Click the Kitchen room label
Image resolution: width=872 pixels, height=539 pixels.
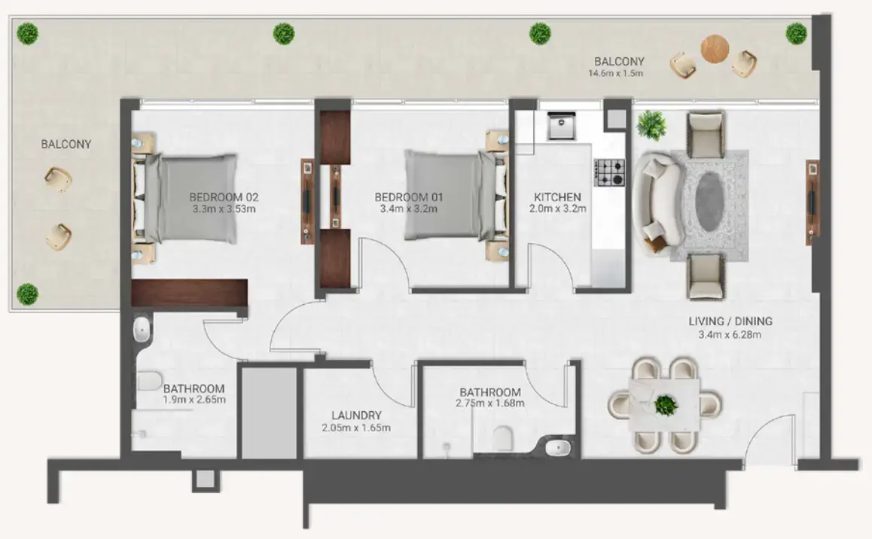pyautogui.click(x=557, y=196)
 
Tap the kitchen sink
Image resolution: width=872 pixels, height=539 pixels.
pyautogui.click(x=561, y=126)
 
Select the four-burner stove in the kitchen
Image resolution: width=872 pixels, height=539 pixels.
pyautogui.click(x=610, y=172)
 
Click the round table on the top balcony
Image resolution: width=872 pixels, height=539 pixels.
pyautogui.click(x=715, y=50)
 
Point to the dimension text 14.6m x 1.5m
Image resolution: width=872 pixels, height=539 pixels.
pyautogui.click(x=617, y=74)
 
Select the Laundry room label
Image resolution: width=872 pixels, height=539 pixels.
pyautogui.click(x=356, y=416)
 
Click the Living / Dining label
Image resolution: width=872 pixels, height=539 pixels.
pyautogui.click(x=730, y=321)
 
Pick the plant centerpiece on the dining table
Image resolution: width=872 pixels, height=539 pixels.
pyautogui.click(x=665, y=405)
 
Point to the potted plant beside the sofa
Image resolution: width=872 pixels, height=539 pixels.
pyautogui.click(x=651, y=125)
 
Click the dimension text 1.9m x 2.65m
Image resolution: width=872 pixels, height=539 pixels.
pyautogui.click(x=194, y=400)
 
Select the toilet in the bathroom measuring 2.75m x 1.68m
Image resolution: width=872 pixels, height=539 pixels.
pyautogui.click(x=502, y=438)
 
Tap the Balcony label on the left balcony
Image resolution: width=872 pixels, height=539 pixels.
pyautogui.click(x=66, y=144)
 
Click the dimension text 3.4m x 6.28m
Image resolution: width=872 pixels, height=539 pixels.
pyautogui.click(x=730, y=334)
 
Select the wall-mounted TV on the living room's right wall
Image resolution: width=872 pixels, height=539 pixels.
pyautogui.click(x=812, y=201)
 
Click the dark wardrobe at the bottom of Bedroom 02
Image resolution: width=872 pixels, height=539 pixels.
pyautogui.click(x=189, y=292)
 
